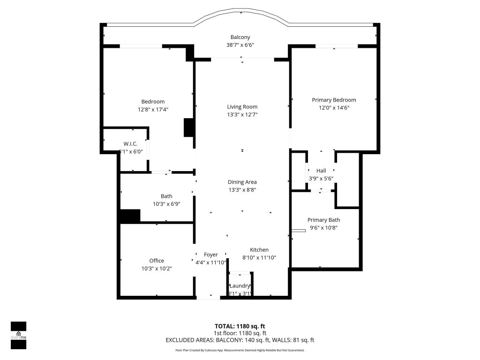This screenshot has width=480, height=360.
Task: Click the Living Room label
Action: coord(242,107)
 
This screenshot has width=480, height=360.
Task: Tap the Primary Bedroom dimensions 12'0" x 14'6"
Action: coord(334,108)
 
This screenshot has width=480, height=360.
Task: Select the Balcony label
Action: coord(240,37)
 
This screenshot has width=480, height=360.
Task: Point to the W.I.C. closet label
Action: coord(130,144)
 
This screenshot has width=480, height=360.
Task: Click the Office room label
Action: coord(157,261)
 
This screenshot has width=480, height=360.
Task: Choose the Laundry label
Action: coord(240,286)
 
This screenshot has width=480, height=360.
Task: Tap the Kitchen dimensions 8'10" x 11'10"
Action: coord(259,257)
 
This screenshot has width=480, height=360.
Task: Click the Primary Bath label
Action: coord(323,220)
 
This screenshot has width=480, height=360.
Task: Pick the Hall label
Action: coord(321,171)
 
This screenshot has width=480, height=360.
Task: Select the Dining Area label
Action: coord(242,182)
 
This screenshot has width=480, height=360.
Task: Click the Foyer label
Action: coord(210,255)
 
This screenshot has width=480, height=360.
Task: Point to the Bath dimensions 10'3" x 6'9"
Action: coord(166,204)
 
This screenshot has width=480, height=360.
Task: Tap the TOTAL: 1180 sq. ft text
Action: coord(240,326)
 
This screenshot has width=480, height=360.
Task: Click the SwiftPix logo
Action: coord(18,335)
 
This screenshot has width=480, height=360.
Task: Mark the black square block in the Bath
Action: coord(130,216)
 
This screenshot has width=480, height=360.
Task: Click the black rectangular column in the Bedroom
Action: coord(189,127)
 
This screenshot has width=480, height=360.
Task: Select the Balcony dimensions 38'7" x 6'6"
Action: coord(240,45)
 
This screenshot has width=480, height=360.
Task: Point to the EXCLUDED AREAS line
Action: coord(240,340)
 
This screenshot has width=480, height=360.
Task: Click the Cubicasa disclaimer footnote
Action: coord(240,350)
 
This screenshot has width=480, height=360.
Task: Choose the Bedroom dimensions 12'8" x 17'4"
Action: coord(153,110)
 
